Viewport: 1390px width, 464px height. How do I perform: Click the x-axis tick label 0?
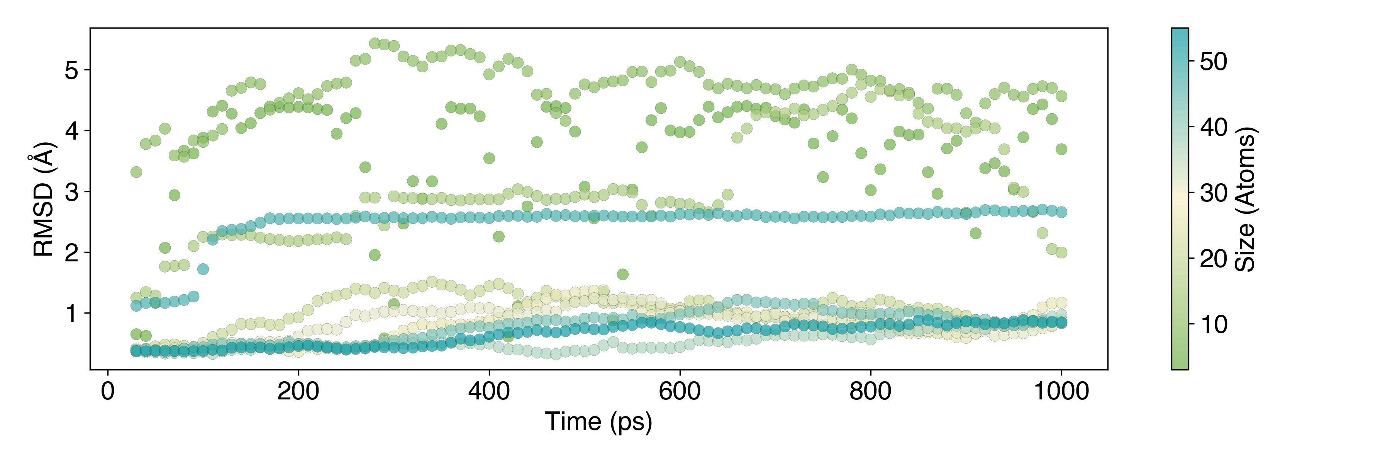(108, 391)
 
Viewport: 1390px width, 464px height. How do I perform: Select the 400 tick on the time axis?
(489, 391)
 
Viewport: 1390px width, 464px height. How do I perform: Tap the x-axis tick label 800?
(870, 391)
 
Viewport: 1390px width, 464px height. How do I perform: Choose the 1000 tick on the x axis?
(1061, 391)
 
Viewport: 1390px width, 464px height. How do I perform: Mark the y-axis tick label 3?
(71, 192)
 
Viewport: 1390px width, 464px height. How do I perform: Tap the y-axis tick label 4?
(71, 131)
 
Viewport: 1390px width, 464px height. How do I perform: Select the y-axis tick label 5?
(71, 71)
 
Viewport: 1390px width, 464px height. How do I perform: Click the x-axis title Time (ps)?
(598, 422)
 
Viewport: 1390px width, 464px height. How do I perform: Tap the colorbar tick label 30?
(1214, 193)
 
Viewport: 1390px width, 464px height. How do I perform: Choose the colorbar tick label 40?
(1214, 128)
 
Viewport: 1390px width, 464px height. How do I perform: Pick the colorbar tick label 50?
(1214, 61)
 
